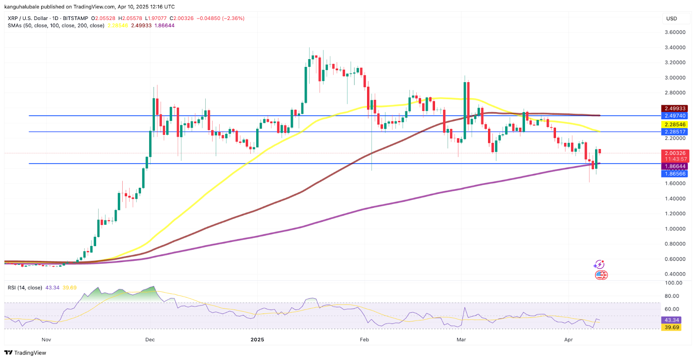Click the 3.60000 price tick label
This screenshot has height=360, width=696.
coord(675,32)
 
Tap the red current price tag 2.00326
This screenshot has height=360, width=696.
coord(675,153)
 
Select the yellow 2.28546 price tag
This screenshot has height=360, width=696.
coord(675,124)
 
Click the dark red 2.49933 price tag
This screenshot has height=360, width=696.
coord(675,108)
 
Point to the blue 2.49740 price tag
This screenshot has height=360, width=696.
coord(675,116)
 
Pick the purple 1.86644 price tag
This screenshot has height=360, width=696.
coord(675,166)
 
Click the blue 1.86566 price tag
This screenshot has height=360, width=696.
coord(675,173)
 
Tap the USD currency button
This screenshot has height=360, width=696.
coord(672,18)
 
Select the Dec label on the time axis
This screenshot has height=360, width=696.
coord(150,340)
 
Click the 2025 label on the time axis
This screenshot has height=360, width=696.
coord(257,340)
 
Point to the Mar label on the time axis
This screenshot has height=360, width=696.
coord(461,340)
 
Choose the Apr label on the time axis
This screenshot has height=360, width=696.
coord(569,340)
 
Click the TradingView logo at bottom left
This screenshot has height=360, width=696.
coord(25,353)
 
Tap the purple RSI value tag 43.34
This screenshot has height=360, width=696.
coord(672,320)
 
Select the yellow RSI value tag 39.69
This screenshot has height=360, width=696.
coord(672,327)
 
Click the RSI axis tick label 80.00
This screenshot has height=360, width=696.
coord(672,296)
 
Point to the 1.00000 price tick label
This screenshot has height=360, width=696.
coord(675,229)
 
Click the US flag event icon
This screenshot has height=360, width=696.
coord(601,275)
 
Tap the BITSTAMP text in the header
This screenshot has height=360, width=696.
coord(75,18)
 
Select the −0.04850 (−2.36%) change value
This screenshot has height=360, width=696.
coord(221,18)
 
